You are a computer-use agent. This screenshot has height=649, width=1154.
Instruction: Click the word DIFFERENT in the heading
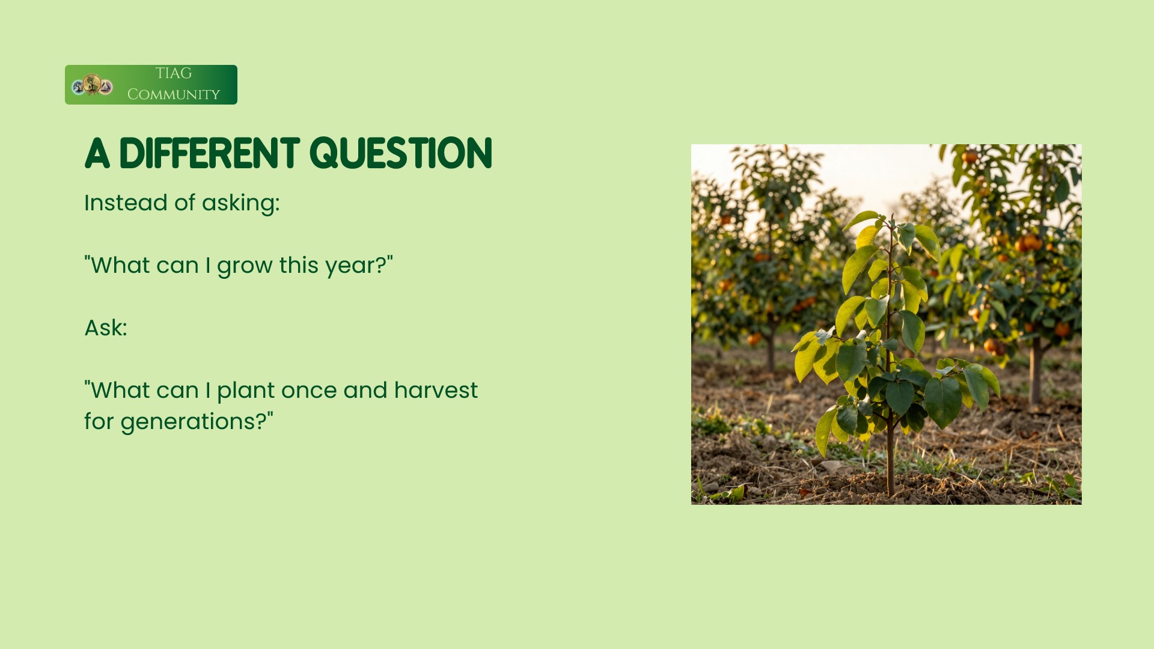click(x=209, y=153)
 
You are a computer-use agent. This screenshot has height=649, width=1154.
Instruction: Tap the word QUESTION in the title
click(x=401, y=154)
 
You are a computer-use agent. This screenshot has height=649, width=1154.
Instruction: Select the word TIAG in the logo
click(x=173, y=73)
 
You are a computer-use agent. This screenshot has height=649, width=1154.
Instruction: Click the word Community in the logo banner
click(x=174, y=94)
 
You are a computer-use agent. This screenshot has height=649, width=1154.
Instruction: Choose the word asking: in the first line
click(x=240, y=204)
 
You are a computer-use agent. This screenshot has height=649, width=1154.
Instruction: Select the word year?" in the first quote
click(x=359, y=265)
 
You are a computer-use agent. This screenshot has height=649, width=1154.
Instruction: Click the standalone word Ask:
click(x=106, y=328)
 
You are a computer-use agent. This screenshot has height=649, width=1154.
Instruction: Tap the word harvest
click(x=436, y=390)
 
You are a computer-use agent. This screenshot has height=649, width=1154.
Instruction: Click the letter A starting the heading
click(x=97, y=154)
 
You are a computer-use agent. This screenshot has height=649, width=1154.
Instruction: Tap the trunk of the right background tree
click(x=1035, y=373)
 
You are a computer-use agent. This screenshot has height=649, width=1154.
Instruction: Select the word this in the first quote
click(x=299, y=265)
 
